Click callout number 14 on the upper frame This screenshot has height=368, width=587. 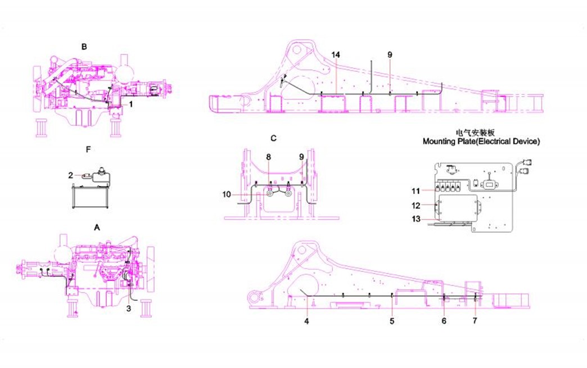(336, 54)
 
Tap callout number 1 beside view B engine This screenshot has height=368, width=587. (131, 105)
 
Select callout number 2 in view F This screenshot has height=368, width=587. (71, 175)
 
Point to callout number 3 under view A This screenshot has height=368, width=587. (128, 309)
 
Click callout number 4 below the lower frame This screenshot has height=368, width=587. (306, 321)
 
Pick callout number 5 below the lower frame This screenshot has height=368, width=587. (392, 321)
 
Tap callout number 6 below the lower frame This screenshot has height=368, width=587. (444, 321)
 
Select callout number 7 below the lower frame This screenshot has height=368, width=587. (475, 320)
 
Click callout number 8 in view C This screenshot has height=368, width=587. (268, 157)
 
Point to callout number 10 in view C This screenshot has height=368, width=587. (227, 194)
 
